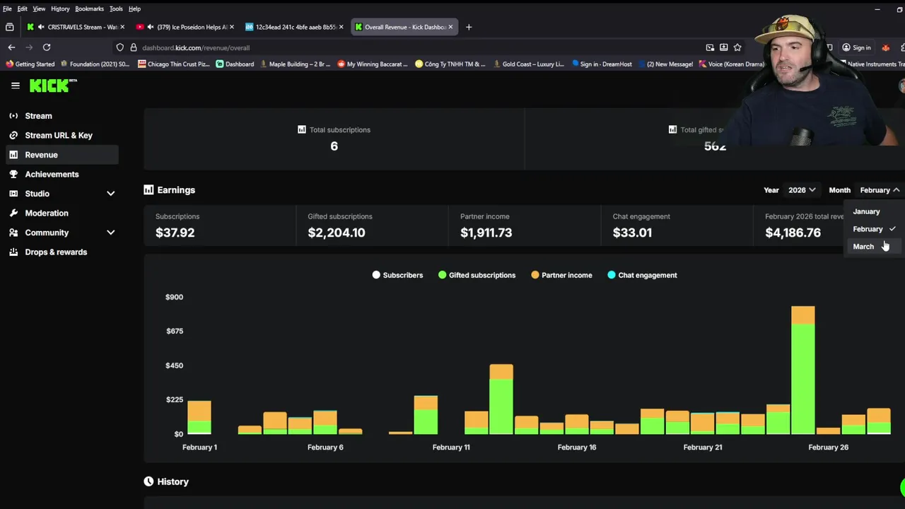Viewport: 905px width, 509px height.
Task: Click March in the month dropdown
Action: point(863,247)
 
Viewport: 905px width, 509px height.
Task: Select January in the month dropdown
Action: point(866,211)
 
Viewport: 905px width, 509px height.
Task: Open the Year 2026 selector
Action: point(802,190)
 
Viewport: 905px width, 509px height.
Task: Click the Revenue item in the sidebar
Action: point(41,155)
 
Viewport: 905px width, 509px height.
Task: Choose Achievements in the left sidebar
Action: point(52,174)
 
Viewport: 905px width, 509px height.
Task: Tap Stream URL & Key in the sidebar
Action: point(59,135)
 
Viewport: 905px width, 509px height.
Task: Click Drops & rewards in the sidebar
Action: point(56,252)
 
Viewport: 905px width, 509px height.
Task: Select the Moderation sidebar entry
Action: point(47,213)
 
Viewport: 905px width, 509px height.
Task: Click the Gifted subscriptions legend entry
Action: point(481,275)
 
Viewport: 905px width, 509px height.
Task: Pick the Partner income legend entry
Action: point(566,275)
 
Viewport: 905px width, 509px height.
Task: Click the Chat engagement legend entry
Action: point(647,275)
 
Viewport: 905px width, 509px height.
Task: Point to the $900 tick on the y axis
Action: point(174,297)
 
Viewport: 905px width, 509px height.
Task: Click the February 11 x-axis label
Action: point(451,447)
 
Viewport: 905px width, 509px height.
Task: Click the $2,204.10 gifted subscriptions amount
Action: point(337,233)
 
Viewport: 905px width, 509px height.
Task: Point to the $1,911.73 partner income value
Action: point(486,233)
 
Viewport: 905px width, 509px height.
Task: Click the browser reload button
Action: point(47,47)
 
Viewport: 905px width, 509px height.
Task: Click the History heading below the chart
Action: point(173,481)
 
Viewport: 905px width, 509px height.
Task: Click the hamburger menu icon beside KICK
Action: point(16,86)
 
